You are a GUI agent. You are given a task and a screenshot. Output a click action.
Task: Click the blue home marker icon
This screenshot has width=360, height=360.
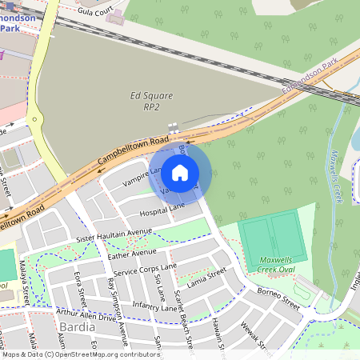point(180,172)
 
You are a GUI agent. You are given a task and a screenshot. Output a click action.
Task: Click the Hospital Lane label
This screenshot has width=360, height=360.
point(162,210)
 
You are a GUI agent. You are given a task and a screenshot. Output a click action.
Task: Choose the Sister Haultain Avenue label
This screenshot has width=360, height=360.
point(114,235)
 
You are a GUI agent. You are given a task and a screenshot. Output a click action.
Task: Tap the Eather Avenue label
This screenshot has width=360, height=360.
point(132,254)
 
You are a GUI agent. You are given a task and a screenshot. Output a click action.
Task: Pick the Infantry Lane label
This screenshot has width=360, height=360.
point(154,306)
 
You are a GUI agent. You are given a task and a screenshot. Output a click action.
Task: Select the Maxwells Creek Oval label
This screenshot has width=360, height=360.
point(281,265)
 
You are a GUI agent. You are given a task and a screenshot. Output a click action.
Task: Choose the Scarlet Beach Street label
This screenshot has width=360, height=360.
point(182,318)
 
